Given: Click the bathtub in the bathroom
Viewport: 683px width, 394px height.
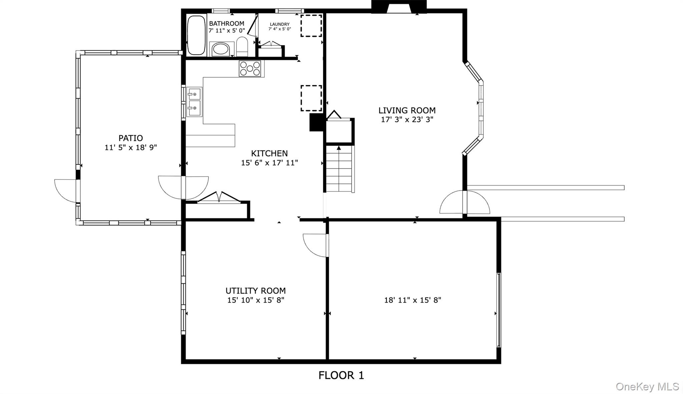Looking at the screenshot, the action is (x=196, y=35).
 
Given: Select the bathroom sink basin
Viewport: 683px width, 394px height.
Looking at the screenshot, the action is (x=220, y=49).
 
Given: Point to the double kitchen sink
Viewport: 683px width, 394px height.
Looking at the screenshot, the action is (x=194, y=102).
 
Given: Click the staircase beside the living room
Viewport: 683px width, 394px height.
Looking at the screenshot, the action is (x=339, y=169).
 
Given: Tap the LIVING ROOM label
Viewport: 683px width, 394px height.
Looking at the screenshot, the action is (x=407, y=110).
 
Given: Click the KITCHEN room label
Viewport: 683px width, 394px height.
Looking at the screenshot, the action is (x=269, y=153).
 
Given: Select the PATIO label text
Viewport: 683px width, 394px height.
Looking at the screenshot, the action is (x=131, y=138).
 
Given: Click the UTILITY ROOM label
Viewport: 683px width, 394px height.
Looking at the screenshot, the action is (x=256, y=290).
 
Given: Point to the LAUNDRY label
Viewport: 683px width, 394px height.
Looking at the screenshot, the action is (x=280, y=24).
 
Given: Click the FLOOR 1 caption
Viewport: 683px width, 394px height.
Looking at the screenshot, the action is (x=341, y=375).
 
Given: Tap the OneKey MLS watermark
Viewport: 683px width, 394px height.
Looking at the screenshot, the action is (x=647, y=386).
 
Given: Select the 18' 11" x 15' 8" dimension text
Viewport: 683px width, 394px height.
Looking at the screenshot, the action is (x=413, y=300).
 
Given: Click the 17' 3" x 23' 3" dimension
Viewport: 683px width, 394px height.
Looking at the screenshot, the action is (x=407, y=119).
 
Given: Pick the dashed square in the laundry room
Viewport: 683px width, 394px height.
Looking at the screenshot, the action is (x=311, y=25).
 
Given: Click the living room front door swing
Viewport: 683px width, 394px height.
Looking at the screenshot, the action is (x=465, y=202).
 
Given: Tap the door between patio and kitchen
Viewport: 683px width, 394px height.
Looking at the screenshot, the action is (x=183, y=188).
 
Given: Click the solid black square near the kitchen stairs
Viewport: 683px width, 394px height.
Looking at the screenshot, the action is (x=316, y=122).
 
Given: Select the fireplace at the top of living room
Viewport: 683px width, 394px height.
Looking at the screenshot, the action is (x=399, y=7).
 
